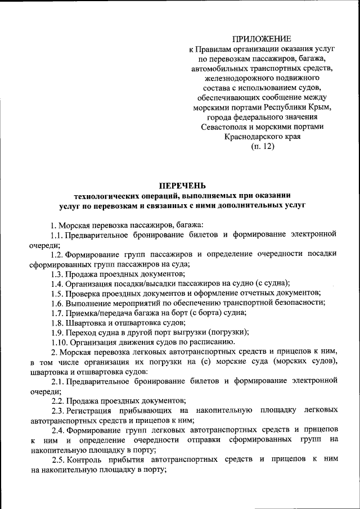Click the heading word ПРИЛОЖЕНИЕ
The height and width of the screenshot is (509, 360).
(x=263, y=39)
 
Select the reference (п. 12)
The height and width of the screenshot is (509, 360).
(x=263, y=147)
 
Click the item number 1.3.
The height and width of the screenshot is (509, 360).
(x=57, y=274)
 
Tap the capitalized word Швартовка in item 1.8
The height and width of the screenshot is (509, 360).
(x=85, y=323)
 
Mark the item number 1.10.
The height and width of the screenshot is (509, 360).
(x=59, y=342)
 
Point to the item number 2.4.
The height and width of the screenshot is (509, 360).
(x=57, y=430)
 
